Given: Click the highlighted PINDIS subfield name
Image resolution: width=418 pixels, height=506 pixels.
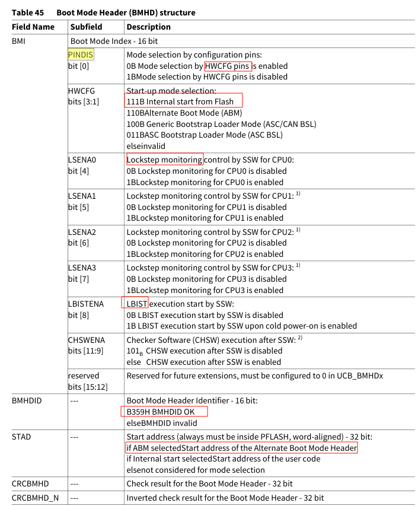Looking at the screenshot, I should click(81, 55).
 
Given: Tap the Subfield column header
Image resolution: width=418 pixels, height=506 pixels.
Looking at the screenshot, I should click(87, 27).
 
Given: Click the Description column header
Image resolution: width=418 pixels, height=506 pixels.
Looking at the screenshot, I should click(148, 27).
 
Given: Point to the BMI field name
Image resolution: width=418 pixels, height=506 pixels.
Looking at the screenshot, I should click(19, 42).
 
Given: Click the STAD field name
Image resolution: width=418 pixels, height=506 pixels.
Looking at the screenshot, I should click(21, 437).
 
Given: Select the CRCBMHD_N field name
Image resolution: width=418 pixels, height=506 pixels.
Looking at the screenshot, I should click(35, 498).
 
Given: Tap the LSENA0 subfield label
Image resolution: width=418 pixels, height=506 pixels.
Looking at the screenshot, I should click(82, 160).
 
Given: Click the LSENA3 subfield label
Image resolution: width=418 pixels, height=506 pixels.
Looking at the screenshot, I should click(82, 268).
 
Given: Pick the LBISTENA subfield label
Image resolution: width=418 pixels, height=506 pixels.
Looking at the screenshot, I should click(86, 304).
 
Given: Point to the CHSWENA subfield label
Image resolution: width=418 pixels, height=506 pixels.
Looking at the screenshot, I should click(85, 340).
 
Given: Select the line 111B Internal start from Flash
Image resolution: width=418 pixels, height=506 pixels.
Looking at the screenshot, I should click(184, 101).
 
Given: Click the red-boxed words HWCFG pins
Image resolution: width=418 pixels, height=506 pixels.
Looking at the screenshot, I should click(228, 66).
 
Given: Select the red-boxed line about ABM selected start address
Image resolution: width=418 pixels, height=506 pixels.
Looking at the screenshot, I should click(241, 448).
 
